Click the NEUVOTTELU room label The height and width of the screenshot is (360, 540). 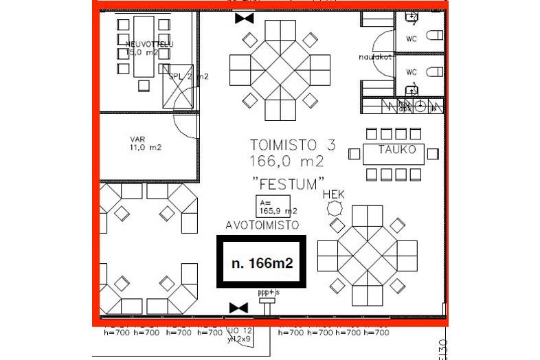click(149, 45)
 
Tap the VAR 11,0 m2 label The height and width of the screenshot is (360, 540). click(144, 142)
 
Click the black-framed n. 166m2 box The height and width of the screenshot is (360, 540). click(261, 262)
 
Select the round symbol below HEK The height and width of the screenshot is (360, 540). click(335, 208)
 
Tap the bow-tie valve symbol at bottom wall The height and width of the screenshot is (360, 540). click(238, 307)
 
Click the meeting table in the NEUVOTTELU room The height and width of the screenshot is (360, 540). click(144, 49)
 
